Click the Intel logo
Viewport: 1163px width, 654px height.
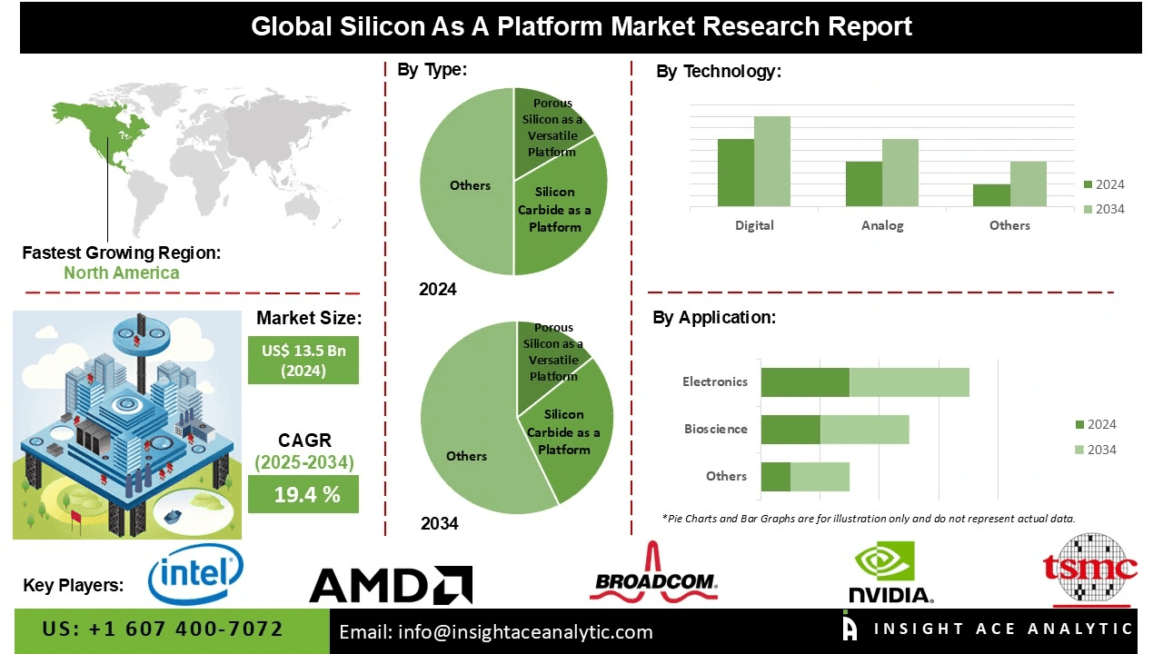[195, 574]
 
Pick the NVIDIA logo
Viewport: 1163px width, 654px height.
[890, 574]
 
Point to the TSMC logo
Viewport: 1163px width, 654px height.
[1089, 570]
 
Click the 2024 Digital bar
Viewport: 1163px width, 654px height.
[736, 173]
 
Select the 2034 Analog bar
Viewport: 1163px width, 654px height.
[900, 173]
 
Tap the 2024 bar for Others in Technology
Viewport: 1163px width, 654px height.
[991, 195]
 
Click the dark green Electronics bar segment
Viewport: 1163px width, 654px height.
[805, 382]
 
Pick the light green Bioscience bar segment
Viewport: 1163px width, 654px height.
[864, 430]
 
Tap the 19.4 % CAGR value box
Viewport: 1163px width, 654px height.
[303, 494]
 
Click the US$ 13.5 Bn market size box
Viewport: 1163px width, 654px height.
[303, 360]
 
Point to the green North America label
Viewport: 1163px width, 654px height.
[121, 272]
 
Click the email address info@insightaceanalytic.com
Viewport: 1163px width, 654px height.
[495, 632]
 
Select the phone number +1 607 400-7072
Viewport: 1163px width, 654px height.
[164, 629]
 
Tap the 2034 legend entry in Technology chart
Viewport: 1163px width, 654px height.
[1103, 209]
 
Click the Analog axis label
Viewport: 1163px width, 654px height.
[882, 225]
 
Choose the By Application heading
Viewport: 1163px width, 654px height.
[714, 318]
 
